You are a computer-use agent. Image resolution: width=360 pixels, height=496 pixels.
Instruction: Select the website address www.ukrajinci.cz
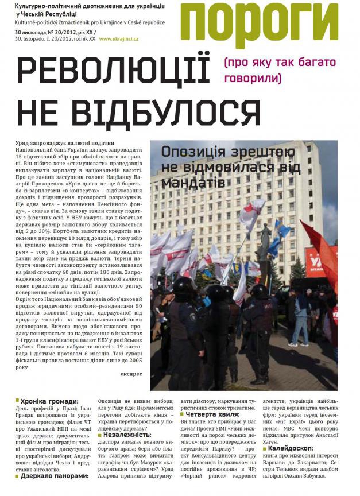[x=122, y=39]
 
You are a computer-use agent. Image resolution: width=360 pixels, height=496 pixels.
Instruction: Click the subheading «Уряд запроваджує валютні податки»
[x=63, y=143]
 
